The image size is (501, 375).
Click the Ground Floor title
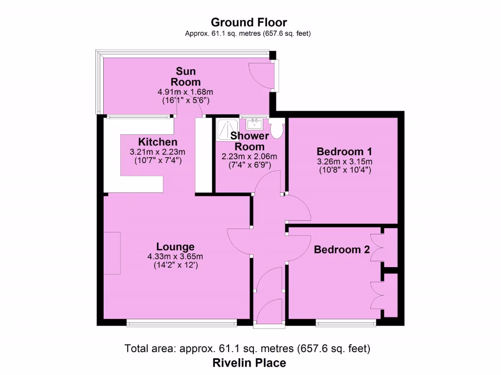tap(249, 22)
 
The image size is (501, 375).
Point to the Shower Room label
tap(250, 141)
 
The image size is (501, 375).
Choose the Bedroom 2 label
tap(342, 250)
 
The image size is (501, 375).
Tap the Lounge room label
tap(175, 247)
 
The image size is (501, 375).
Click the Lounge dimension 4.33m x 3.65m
tap(175, 256)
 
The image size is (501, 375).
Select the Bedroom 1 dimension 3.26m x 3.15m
tap(344, 162)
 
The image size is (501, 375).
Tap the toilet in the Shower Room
tap(277, 129)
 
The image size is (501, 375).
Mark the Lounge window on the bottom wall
tap(182, 322)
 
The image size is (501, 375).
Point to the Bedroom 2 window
tap(346, 322)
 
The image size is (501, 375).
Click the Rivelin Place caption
tap(249, 363)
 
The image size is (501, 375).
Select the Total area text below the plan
tap(248, 349)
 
